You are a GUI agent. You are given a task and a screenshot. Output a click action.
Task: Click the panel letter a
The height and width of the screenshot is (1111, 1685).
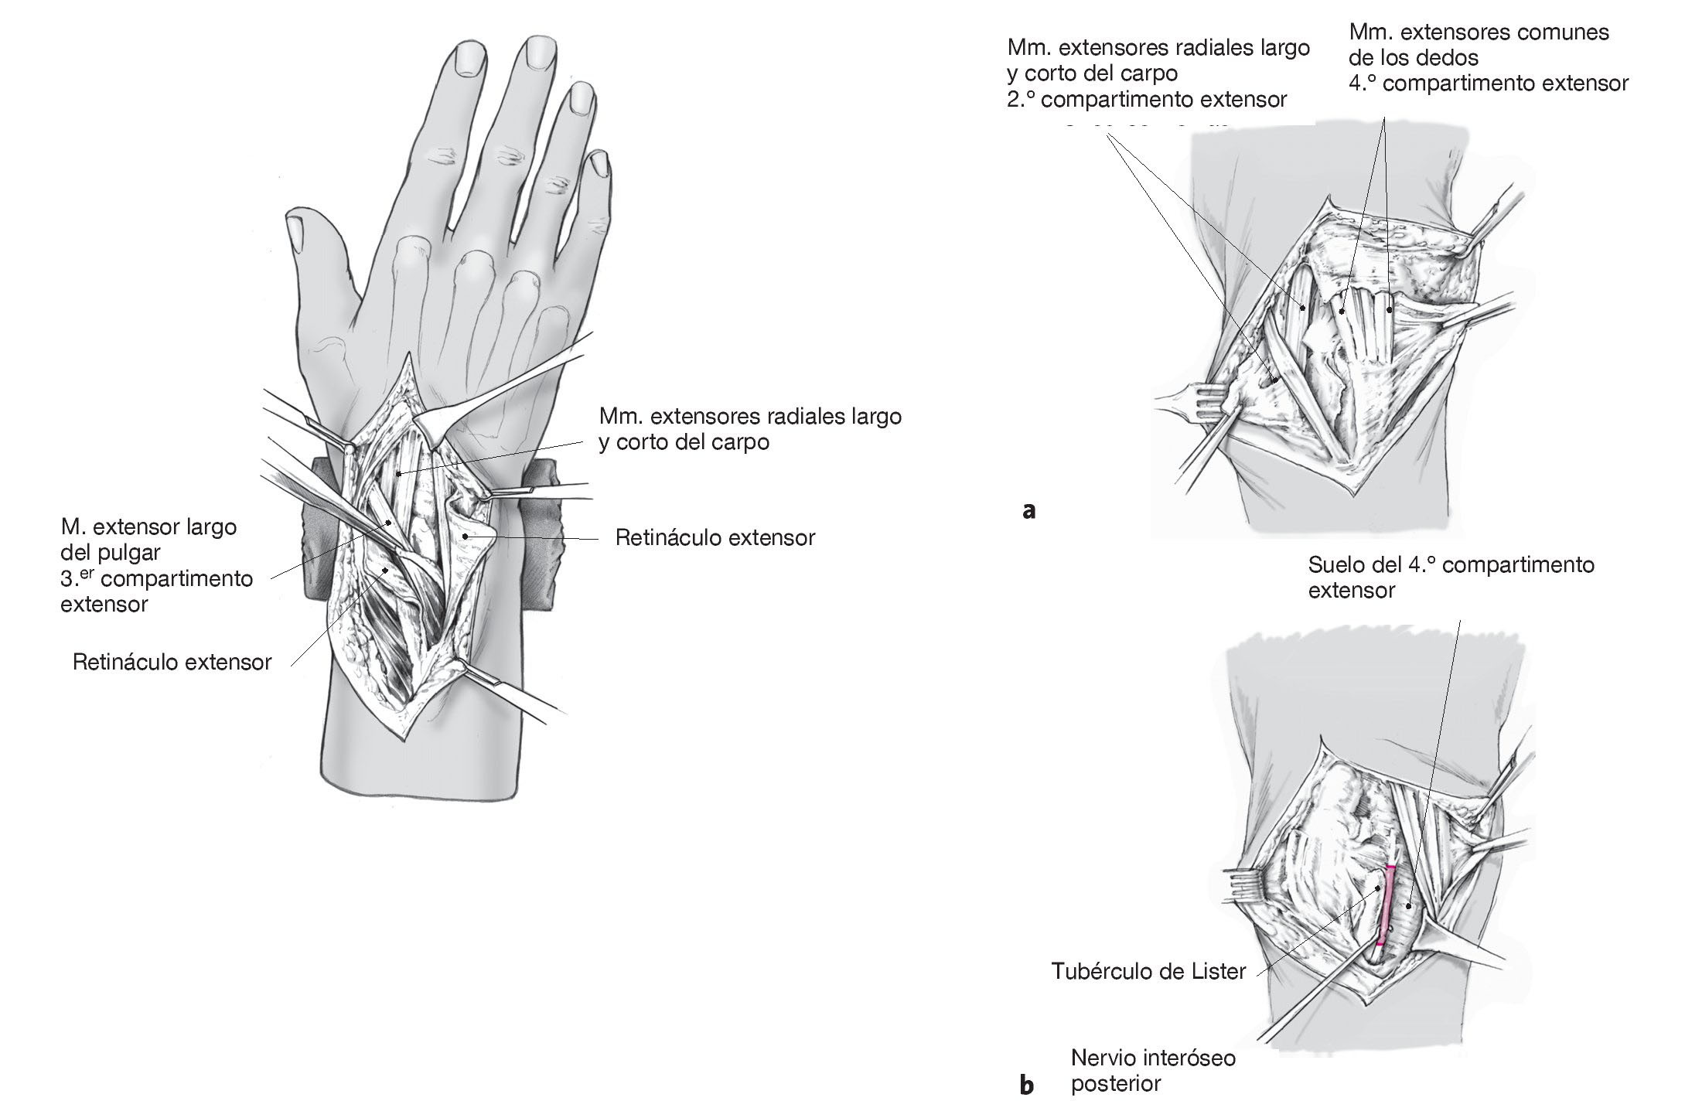click(1028, 510)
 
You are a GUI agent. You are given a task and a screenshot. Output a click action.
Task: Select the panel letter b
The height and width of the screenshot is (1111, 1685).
click(1027, 1085)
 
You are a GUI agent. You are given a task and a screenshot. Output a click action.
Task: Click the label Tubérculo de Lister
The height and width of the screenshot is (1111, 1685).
click(1148, 971)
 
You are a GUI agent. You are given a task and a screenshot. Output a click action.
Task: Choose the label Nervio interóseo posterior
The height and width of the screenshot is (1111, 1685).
click(1153, 1070)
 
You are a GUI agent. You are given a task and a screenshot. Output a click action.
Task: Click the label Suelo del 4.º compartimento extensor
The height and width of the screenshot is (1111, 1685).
click(1451, 578)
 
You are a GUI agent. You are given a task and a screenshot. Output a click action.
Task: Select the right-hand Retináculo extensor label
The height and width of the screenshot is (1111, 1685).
click(715, 537)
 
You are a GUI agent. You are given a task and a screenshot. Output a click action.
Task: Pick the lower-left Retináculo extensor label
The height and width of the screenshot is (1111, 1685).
click(172, 662)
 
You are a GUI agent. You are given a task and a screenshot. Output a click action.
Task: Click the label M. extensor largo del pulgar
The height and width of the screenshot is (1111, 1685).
click(148, 540)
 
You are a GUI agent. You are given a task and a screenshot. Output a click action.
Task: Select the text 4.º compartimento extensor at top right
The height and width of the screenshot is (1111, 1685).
click(1488, 83)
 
